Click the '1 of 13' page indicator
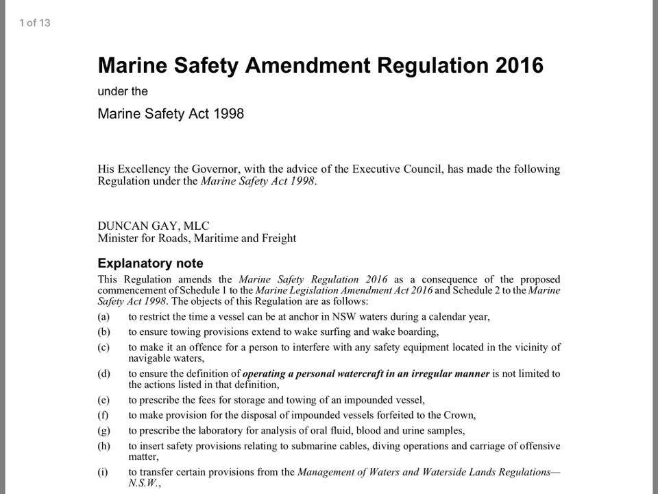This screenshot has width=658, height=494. [x=35, y=23]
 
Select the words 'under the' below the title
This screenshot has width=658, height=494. [x=123, y=91]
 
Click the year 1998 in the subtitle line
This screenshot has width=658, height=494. [x=227, y=113]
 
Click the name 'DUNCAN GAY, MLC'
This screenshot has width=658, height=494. [x=154, y=226]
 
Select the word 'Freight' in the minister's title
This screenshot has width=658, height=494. [x=279, y=239]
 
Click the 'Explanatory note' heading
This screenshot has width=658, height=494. [x=151, y=263]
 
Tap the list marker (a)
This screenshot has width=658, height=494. [x=104, y=317]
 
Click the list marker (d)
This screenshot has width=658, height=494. [x=104, y=374]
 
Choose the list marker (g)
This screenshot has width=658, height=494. [x=104, y=431]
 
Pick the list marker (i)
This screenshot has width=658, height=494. [x=103, y=473]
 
